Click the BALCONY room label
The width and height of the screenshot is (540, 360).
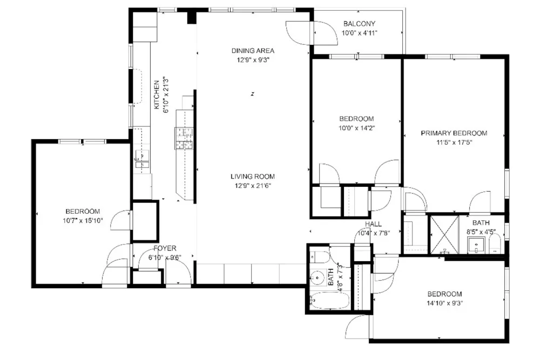(x=359, y=24)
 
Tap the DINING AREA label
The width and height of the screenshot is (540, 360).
(x=253, y=51)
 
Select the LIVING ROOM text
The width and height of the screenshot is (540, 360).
(x=252, y=176)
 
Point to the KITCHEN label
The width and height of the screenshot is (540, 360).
(x=157, y=94)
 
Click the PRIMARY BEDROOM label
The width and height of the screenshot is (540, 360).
(x=454, y=133)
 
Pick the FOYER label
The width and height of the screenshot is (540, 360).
(x=165, y=248)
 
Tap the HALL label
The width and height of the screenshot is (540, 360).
(x=373, y=224)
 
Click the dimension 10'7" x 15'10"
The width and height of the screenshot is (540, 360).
(x=83, y=221)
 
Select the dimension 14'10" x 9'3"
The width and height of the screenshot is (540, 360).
(x=444, y=303)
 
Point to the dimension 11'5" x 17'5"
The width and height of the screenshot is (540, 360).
(x=454, y=142)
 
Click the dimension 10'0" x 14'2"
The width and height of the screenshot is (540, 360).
(x=356, y=128)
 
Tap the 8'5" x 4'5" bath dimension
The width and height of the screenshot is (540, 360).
(x=481, y=232)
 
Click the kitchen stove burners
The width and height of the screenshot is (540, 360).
(x=184, y=138)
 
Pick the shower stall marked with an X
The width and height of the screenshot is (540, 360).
(x=444, y=234)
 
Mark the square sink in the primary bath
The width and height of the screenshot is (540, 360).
(x=476, y=245)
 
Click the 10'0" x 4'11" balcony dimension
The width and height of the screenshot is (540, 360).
(x=359, y=33)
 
